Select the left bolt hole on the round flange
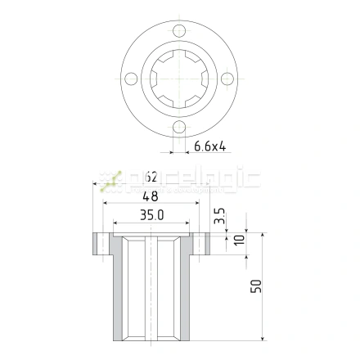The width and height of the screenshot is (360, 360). click(129, 79)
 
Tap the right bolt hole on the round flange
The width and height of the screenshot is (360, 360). click(228, 79)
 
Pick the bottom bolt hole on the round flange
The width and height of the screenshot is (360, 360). click(179, 128)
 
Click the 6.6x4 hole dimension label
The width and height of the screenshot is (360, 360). click(210, 147)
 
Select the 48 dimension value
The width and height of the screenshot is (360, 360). click(151, 196)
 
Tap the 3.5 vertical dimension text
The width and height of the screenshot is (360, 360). click(218, 218)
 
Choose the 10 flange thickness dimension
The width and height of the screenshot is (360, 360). click(238, 241)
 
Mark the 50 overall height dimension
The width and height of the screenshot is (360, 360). click(255, 287)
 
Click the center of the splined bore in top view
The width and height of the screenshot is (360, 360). click(179, 79)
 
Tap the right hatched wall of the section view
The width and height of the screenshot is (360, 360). click(186, 295)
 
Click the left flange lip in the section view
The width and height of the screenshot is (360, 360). click(100, 244)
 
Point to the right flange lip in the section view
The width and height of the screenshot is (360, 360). click(205, 244)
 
